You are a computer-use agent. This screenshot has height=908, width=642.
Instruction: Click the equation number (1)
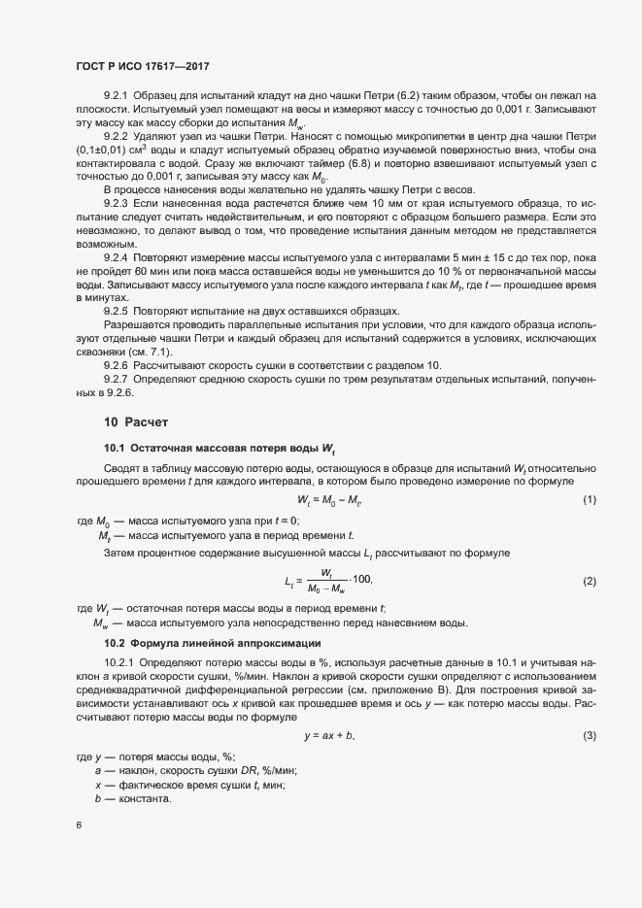pos(589,499)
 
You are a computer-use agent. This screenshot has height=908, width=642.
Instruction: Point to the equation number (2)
pos(589,580)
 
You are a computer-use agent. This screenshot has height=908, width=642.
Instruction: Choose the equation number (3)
pos(589,735)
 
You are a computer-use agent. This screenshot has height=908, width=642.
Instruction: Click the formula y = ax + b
pos(329,735)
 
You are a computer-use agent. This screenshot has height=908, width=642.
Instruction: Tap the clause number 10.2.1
pos(120,661)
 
